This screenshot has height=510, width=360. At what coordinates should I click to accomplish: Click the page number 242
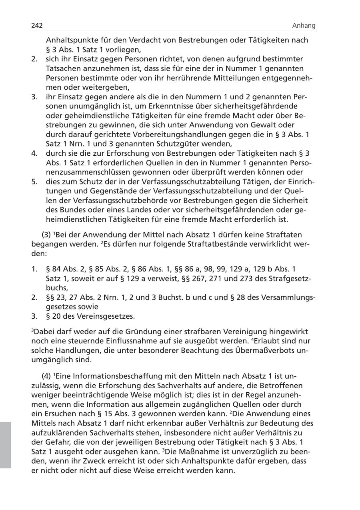tap(37, 26)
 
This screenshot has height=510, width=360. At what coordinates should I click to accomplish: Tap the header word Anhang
tap(304, 26)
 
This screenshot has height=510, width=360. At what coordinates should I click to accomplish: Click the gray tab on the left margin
tap(5, 444)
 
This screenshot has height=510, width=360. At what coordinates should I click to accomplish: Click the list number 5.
tap(34, 181)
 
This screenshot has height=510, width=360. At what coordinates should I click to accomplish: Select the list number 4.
tap(34, 153)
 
